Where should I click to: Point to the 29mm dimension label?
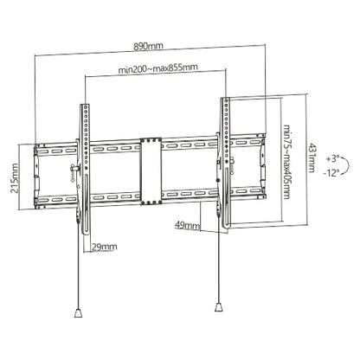coord(103,247)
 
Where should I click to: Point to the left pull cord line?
coord(80,277)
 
